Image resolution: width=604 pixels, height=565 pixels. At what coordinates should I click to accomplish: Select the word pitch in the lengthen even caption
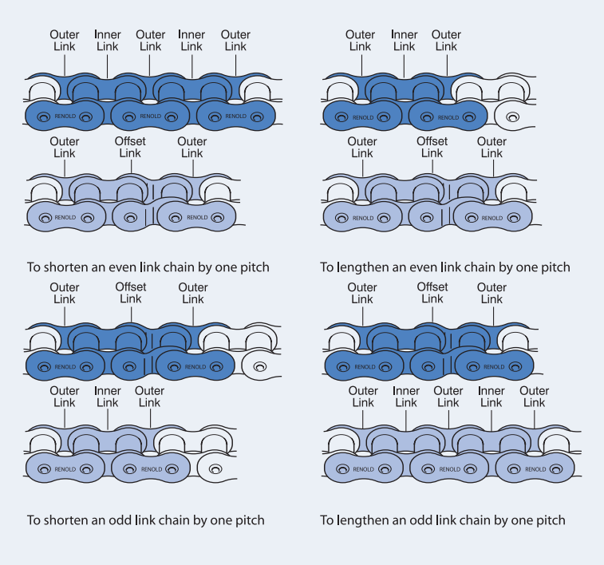pyautogui.click(x=553, y=267)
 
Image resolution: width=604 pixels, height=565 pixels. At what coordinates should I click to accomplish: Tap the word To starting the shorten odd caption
pyautogui.click(x=34, y=520)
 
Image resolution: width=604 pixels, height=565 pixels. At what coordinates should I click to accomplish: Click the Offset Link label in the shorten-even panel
pyautogui.click(x=130, y=148)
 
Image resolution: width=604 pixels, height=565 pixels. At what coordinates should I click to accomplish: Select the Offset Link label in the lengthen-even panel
pyautogui.click(x=432, y=148)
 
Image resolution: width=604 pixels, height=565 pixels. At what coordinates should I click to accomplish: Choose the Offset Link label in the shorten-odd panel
pyautogui.click(x=131, y=293)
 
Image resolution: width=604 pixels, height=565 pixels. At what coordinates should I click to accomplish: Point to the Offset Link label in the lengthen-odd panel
pyautogui.click(x=432, y=293)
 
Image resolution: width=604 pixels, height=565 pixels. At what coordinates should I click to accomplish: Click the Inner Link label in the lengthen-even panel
pyautogui.click(x=405, y=41)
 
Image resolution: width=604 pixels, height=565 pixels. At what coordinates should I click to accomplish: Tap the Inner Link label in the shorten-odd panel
pyautogui.click(x=107, y=397)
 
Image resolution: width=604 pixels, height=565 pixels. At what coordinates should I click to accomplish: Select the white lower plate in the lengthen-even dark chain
pyautogui.click(x=512, y=117)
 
